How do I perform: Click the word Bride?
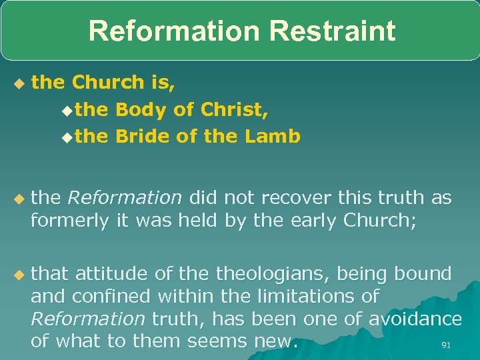coord(143,137)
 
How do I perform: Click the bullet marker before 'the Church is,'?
coord(18,83)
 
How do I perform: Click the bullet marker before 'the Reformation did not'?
coord(18,199)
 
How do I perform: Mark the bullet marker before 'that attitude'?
coord(18,274)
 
